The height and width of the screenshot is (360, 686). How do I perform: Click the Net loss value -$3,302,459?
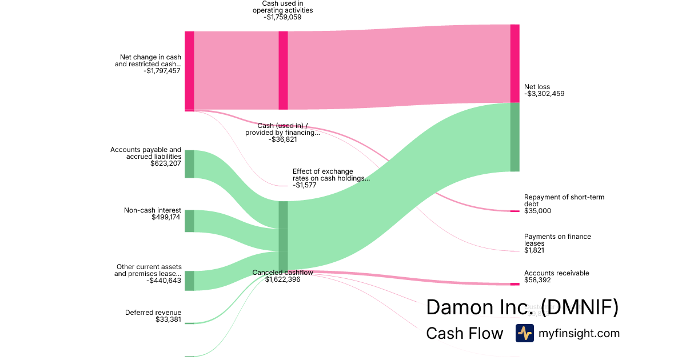click(544, 94)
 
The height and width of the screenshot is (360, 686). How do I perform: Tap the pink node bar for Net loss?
click(514, 63)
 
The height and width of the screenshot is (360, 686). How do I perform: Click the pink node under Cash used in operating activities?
click(283, 70)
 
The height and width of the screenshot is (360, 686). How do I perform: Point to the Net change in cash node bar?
click(189, 71)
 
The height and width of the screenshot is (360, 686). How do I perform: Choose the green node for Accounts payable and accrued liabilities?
click(189, 164)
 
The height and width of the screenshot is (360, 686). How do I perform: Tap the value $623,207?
click(166, 163)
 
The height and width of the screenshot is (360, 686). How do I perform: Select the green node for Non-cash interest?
click(189, 221)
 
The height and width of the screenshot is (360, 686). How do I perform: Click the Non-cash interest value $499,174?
click(166, 217)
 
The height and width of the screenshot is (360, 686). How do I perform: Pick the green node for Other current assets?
click(189, 281)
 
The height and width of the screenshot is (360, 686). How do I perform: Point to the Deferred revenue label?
click(153, 313)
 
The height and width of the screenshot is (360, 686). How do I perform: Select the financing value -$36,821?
click(282, 139)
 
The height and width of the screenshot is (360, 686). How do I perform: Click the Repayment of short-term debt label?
click(564, 200)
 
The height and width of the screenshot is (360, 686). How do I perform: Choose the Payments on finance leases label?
click(557, 239)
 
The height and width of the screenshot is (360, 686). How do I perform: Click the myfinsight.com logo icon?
click(524, 333)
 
